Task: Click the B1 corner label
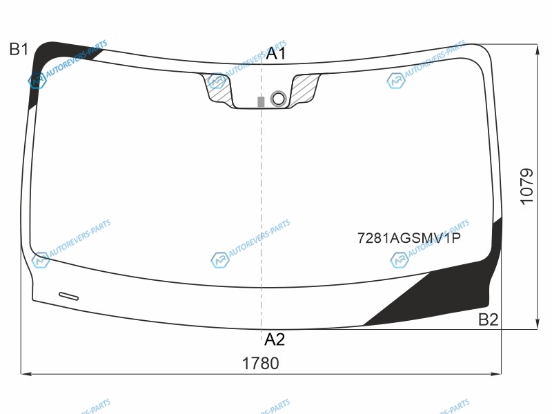(x=19, y=49)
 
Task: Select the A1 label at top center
(x=276, y=54)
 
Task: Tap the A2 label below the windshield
(x=274, y=339)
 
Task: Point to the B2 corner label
(x=489, y=319)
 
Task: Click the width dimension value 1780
(x=261, y=364)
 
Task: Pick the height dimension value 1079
(x=526, y=186)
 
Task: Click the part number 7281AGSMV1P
(x=409, y=238)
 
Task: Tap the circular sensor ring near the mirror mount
(x=278, y=99)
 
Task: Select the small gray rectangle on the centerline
(x=261, y=101)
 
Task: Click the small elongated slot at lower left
(x=68, y=297)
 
